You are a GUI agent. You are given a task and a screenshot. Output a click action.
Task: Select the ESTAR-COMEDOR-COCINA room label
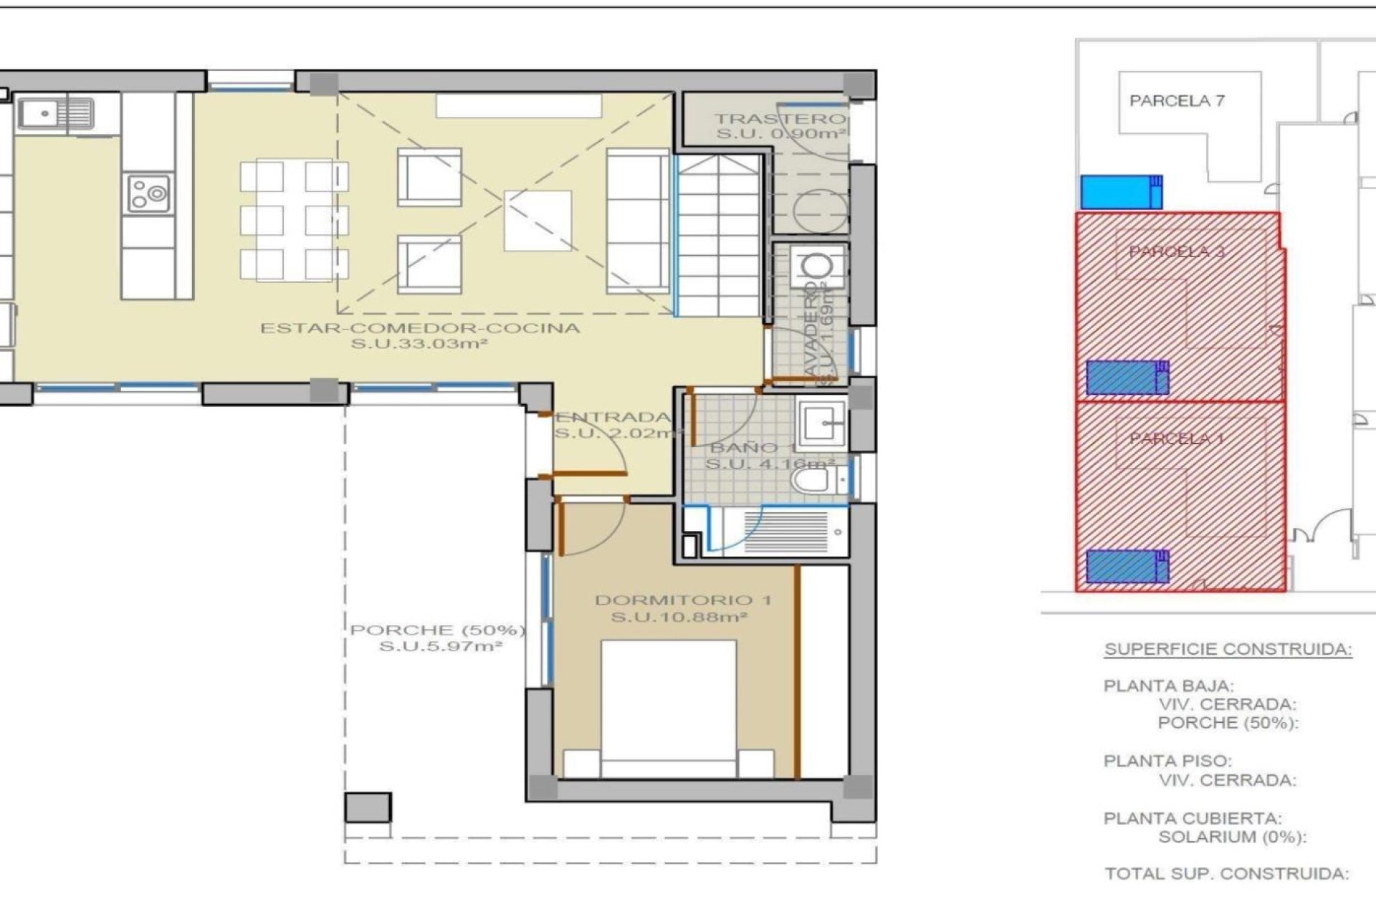(420, 329)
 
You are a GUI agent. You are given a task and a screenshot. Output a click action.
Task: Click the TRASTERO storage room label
(780, 119)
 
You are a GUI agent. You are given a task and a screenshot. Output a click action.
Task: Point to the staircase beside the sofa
(719, 236)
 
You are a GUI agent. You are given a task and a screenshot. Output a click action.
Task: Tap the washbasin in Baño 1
(823, 423)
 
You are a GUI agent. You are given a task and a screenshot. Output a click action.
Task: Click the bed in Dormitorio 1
(668, 709)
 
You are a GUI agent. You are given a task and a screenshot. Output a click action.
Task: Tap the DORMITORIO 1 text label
(683, 600)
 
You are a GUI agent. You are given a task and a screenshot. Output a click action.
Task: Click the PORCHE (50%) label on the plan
(438, 630)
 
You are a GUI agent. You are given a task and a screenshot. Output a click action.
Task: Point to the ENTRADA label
(613, 417)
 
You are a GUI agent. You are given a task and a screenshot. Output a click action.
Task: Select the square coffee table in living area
(537, 220)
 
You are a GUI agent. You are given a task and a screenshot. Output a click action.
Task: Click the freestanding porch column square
(368, 807)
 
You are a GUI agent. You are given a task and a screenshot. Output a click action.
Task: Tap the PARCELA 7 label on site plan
(1177, 101)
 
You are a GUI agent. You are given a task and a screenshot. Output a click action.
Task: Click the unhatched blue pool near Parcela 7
(1120, 192)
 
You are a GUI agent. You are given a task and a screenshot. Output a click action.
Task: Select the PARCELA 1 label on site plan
(1176, 438)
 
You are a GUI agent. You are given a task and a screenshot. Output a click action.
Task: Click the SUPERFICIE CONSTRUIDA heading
(1228, 650)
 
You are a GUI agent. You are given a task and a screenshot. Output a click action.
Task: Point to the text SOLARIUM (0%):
(1232, 837)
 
